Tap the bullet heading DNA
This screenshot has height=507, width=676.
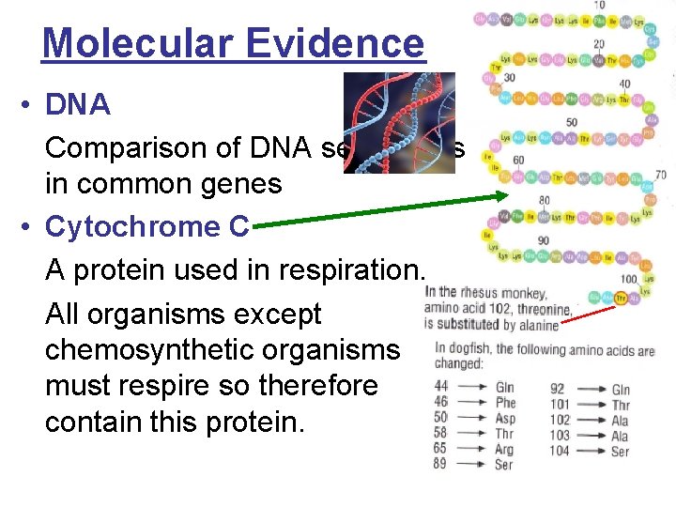78,105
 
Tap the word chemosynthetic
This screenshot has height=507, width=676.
131,350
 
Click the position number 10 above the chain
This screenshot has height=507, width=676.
598,6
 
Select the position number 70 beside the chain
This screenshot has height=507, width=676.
661,175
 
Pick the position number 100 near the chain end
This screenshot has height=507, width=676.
629,279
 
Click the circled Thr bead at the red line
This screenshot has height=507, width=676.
622,300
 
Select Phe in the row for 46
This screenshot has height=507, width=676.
504,404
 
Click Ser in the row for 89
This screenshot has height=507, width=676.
503,465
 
